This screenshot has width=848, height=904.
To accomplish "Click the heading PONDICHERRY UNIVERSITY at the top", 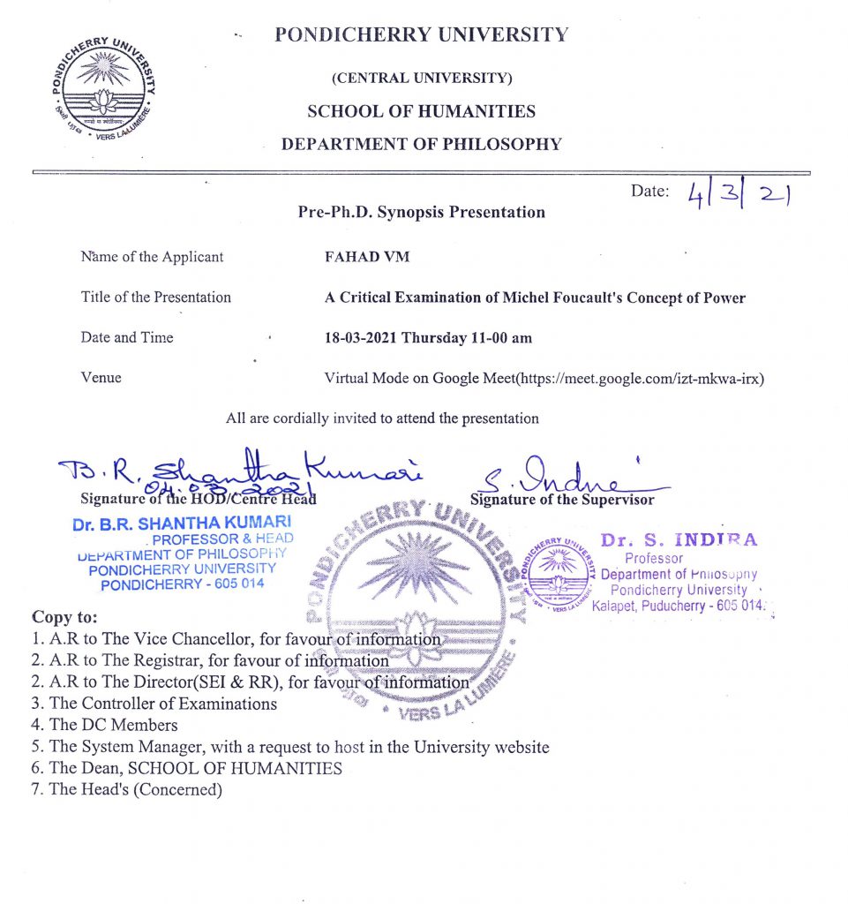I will (422, 35).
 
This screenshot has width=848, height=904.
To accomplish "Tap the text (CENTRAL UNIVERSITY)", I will (421, 78).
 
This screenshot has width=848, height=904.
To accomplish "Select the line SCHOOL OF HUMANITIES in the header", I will (421, 111).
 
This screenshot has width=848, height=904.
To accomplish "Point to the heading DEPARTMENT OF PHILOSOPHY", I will (421, 144).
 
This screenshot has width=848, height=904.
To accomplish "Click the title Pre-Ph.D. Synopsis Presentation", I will (421, 212).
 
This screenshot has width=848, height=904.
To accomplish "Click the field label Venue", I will (101, 378).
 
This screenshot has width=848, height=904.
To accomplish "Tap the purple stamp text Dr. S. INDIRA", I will (678, 540).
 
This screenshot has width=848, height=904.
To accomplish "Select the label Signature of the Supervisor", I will (562, 500).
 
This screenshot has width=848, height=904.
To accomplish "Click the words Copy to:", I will (64, 616).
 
